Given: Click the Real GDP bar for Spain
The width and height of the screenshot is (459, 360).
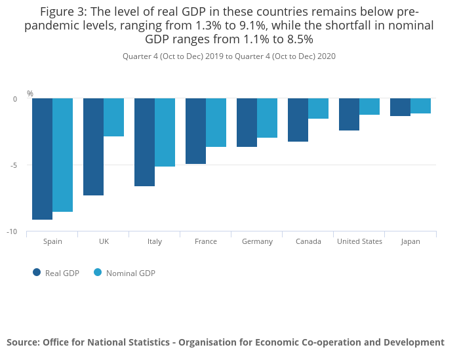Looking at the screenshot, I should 42,159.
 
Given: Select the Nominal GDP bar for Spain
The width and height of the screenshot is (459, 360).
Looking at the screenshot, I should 62,155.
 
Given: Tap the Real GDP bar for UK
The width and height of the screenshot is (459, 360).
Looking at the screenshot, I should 93,147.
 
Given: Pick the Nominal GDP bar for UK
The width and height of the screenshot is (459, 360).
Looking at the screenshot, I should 113,117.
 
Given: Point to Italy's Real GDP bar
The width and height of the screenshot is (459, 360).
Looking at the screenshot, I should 144,142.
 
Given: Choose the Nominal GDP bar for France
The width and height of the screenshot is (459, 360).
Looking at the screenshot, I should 216,123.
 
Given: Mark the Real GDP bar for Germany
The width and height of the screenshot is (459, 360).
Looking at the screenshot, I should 247,123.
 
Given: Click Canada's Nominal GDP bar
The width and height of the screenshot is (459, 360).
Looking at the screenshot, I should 318,109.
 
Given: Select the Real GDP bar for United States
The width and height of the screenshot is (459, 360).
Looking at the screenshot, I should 349,115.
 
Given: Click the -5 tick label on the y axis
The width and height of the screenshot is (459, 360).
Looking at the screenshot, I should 14,165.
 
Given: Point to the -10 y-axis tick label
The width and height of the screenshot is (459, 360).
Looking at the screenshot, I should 13,232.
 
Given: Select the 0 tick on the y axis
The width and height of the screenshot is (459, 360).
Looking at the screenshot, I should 16,99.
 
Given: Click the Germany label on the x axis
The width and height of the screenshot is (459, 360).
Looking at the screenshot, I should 257,241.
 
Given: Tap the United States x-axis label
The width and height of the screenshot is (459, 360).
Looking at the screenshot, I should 359,241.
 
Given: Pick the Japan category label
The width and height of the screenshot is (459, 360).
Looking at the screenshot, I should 410,241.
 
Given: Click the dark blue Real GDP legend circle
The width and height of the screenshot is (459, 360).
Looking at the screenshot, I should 37,273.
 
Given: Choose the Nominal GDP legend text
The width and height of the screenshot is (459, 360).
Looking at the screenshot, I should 130,273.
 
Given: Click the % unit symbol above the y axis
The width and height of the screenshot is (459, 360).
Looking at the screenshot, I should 30,94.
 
